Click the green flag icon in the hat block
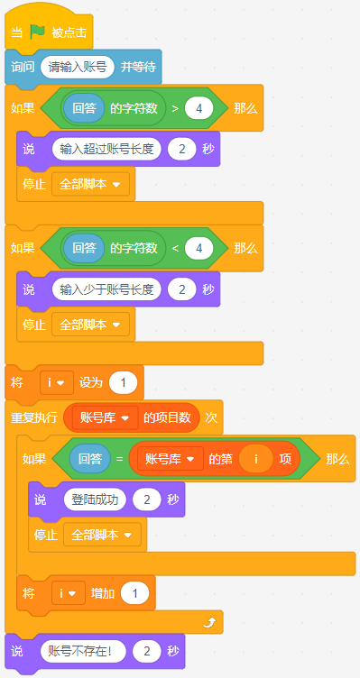click(x=38, y=32)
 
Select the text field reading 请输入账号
click(x=78, y=68)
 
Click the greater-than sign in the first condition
click(x=175, y=108)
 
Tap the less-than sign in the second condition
click(x=175, y=249)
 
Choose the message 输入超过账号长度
click(x=106, y=149)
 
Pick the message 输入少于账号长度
click(x=106, y=289)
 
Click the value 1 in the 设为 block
click(x=124, y=383)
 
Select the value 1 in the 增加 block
click(x=135, y=593)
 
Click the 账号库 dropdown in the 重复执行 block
click(x=106, y=418)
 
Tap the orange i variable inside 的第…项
click(x=255, y=459)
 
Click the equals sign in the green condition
click(x=119, y=459)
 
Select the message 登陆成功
click(x=96, y=499)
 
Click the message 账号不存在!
click(x=83, y=651)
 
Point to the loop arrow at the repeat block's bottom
click(x=209, y=623)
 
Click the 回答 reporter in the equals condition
click(x=90, y=459)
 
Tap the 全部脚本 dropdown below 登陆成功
click(x=102, y=535)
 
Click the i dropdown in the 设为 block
click(x=57, y=383)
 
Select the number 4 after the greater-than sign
click(x=199, y=108)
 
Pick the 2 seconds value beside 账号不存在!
click(x=147, y=651)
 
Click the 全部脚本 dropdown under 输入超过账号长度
click(x=90, y=184)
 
